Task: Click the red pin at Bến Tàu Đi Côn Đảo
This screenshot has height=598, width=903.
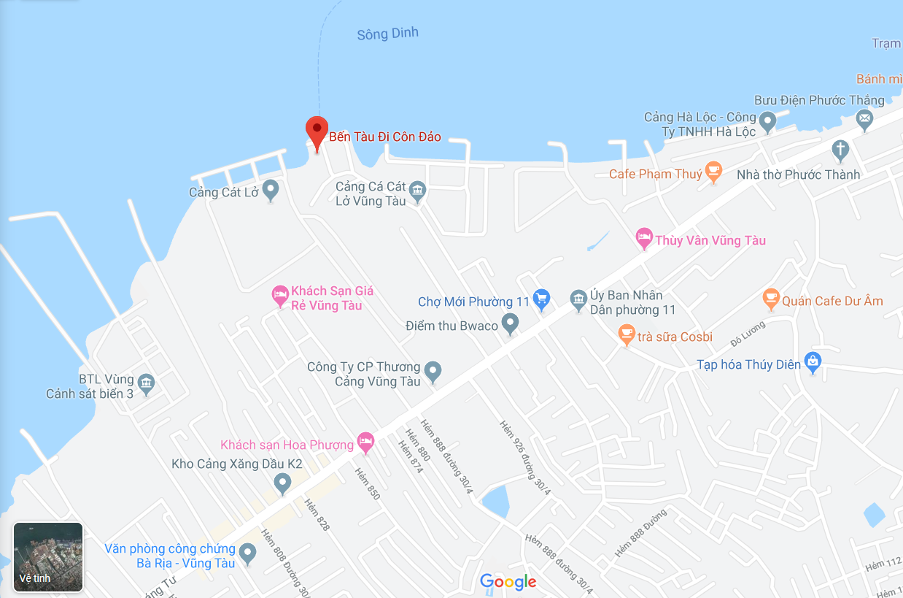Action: click(316, 132)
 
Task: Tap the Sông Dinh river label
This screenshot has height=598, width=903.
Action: click(387, 34)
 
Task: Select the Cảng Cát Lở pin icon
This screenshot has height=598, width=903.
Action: click(271, 190)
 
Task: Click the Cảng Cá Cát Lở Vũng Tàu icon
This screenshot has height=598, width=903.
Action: click(417, 191)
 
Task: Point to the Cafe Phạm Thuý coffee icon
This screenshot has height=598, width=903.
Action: click(713, 172)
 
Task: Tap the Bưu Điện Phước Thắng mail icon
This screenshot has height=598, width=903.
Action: click(864, 118)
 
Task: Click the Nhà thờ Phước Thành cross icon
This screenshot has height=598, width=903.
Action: click(840, 150)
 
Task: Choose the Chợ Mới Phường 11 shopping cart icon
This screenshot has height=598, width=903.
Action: click(541, 299)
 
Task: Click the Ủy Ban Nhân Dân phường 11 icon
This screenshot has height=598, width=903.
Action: click(578, 298)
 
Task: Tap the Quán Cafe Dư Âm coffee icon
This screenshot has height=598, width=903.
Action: click(770, 298)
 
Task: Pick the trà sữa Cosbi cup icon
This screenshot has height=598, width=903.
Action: click(626, 334)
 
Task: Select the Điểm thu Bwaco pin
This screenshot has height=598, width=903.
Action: click(510, 323)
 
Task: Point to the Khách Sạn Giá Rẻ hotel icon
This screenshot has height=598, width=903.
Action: click(280, 295)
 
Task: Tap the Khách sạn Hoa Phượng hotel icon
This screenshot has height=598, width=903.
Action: click(365, 441)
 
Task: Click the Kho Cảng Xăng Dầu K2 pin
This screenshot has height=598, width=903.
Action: click(282, 482)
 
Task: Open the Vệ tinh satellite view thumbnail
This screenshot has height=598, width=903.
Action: click(48, 556)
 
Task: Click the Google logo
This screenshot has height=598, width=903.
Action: click(508, 582)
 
